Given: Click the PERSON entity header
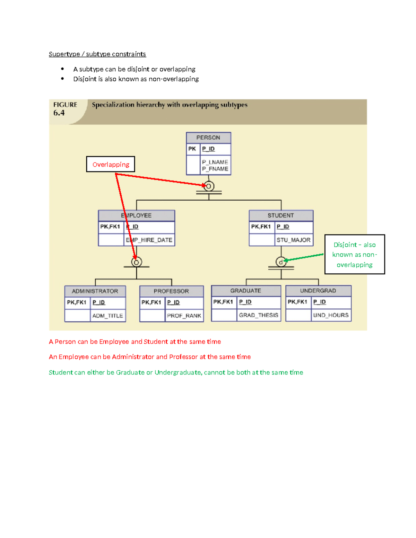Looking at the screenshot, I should (x=208, y=138).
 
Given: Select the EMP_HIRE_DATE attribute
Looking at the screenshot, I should (x=149, y=240).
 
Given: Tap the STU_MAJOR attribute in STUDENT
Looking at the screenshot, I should (x=293, y=240).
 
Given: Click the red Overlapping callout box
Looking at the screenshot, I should (x=111, y=165).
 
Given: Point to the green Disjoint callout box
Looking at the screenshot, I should (x=354, y=255).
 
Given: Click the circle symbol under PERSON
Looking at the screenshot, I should (x=209, y=186).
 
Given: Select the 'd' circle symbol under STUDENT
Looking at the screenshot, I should (x=281, y=262).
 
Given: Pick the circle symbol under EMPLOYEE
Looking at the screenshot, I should (x=137, y=262).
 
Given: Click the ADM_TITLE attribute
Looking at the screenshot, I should (x=107, y=316).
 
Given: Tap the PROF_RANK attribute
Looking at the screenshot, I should (x=184, y=316).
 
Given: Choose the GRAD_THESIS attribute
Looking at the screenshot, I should (x=258, y=315).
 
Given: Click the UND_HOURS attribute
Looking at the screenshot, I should (x=331, y=315).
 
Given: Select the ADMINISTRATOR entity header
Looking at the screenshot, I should (x=95, y=291).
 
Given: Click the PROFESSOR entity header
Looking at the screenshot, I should (x=171, y=291).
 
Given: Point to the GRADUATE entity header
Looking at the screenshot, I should (x=246, y=291).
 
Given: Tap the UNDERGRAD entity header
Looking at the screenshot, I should (x=318, y=291).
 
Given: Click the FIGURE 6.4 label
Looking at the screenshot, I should (x=65, y=109).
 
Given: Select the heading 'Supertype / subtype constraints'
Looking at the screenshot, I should (x=97, y=54).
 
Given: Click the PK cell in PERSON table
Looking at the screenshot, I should (x=192, y=149).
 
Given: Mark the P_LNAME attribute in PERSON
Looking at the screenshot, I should (x=215, y=162).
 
